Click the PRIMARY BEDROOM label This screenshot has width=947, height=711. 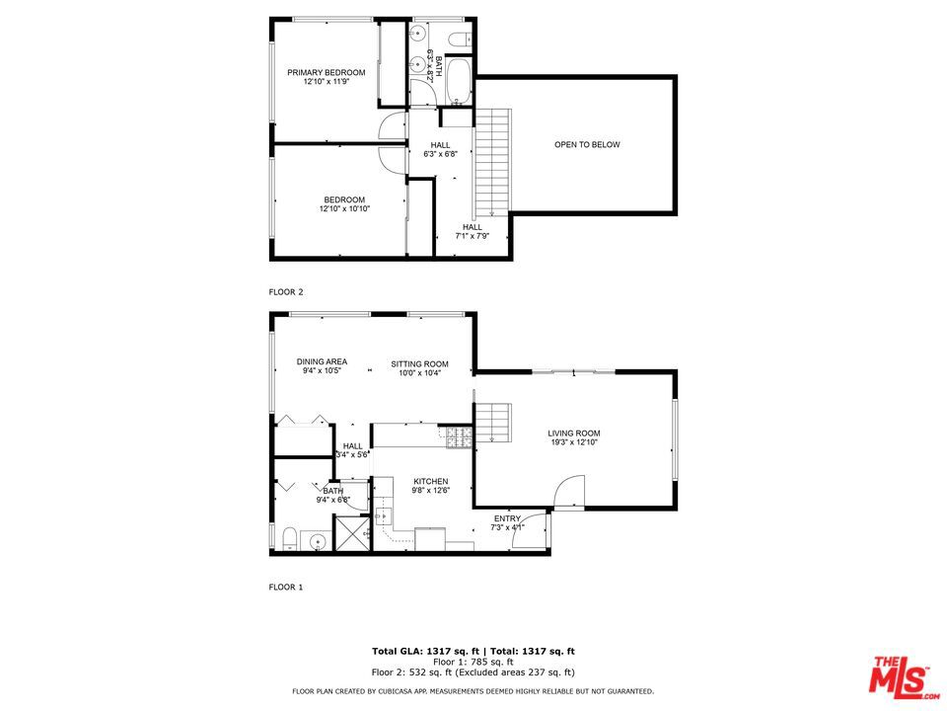(327, 72)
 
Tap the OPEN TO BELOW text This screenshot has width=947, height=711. (587, 145)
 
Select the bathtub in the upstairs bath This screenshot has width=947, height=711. (460, 82)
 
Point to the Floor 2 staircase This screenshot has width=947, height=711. (491, 163)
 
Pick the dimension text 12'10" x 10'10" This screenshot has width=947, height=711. (344, 209)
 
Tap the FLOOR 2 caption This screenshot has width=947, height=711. (286, 292)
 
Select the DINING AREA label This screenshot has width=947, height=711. (322, 361)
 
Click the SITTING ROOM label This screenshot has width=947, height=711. (419, 363)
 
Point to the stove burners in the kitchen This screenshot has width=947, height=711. (459, 437)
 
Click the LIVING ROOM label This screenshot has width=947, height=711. (574, 433)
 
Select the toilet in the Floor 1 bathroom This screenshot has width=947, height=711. (289, 539)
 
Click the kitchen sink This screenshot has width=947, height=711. (384, 515)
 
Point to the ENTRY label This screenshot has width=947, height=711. (507, 518)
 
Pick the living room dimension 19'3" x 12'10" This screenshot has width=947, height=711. (574, 442)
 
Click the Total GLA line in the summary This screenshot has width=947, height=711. (473, 651)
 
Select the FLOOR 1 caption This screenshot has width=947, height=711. (286, 587)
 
